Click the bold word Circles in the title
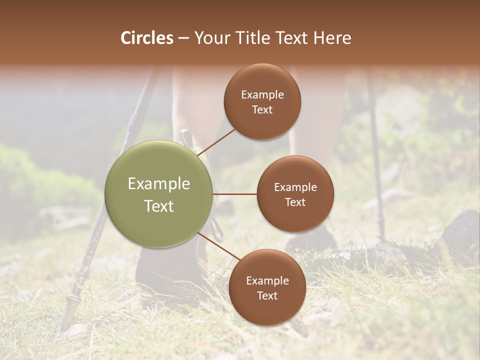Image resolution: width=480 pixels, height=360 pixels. coord(146,38)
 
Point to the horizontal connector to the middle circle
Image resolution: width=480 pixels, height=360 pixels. coord(235,194)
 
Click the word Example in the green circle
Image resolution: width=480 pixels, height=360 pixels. coord(159,184)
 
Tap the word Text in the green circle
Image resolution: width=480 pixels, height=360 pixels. coord(159,206)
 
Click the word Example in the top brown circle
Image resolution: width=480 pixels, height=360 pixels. coord(262,95)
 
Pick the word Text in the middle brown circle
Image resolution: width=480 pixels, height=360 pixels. coord(295,202)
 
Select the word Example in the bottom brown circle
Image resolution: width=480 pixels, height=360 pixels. coord(267,281)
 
